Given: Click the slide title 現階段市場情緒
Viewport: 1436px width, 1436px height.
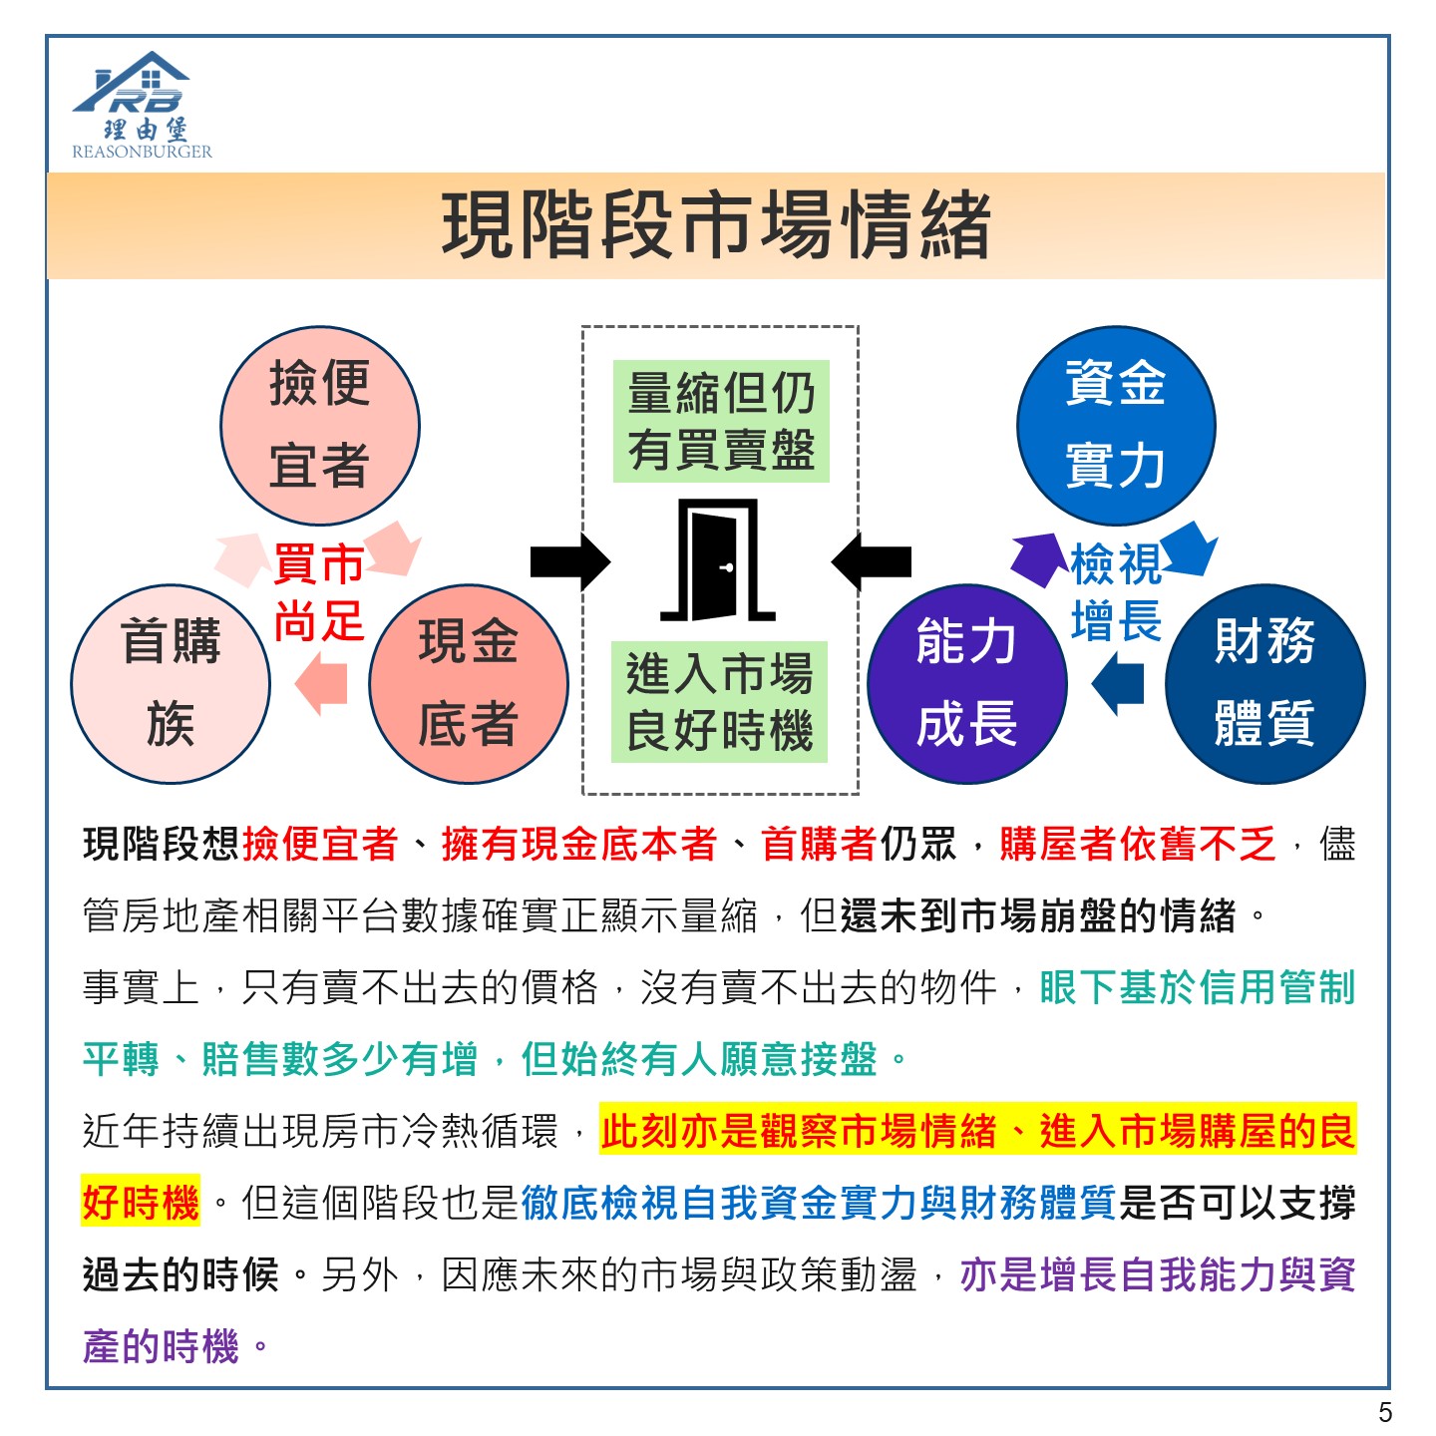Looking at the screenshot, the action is [716, 225].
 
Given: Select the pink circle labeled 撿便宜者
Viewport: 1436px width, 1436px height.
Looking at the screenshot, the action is [320, 426].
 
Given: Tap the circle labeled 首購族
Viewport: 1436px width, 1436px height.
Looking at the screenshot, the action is [171, 684].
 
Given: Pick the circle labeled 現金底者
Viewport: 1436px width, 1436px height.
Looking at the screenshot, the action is [469, 684].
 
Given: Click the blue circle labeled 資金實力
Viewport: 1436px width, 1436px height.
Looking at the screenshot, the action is [1116, 426].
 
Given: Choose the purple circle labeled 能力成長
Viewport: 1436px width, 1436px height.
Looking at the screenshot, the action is [966, 684].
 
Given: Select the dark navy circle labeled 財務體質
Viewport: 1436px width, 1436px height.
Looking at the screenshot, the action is [1264, 684].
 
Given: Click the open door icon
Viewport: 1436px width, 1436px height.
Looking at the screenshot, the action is [718, 560].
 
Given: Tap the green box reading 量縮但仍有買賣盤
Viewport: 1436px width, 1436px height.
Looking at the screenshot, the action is [721, 421].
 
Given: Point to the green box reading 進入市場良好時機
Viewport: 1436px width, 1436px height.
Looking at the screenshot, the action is [719, 702].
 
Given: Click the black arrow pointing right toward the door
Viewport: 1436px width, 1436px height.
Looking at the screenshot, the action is [570, 561].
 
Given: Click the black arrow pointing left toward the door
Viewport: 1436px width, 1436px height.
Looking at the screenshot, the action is [872, 561].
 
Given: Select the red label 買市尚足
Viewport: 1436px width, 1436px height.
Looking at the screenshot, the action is [319, 592].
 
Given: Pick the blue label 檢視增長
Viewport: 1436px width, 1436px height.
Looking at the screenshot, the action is [1116, 592].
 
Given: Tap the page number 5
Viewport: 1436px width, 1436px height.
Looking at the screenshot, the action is [1384, 1412].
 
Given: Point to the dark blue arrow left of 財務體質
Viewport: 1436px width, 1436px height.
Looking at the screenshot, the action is [1117, 683].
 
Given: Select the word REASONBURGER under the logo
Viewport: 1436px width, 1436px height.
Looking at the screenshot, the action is [143, 152].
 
